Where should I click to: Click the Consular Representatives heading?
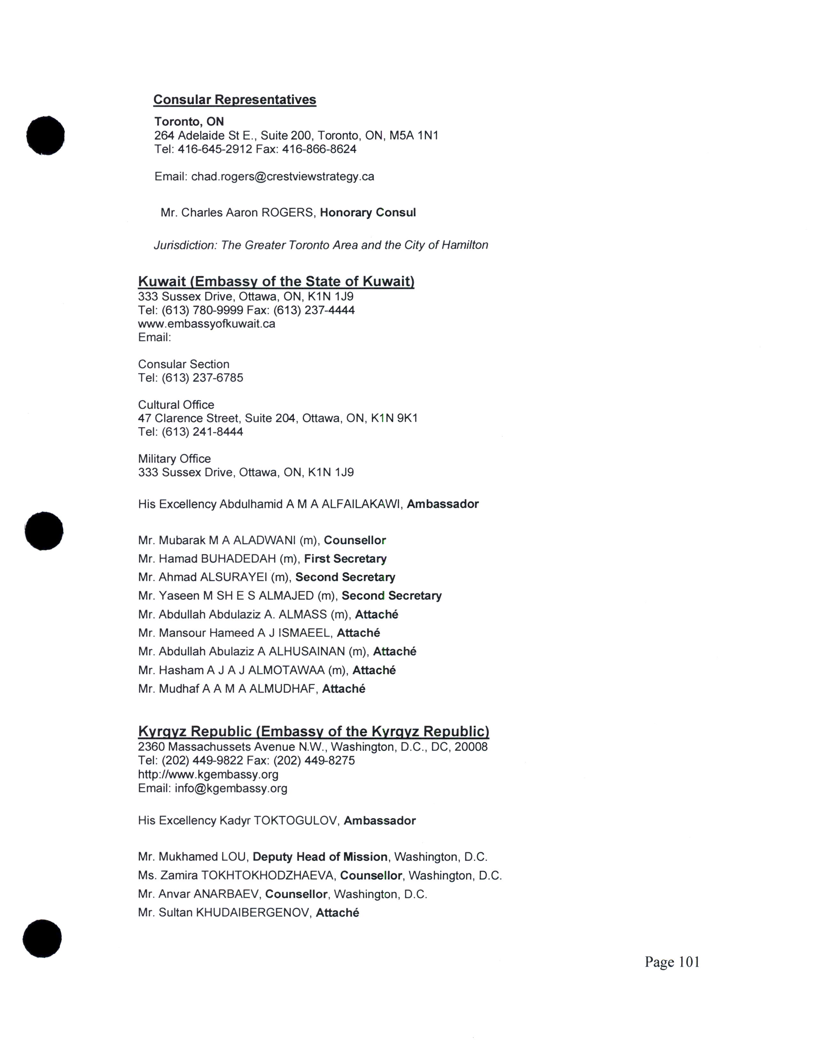tap(235, 100)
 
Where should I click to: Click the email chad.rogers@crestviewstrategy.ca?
tap(283, 177)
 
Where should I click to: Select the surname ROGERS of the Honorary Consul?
tap(289, 213)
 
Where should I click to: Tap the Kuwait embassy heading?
tap(276, 281)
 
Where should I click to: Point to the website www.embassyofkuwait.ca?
tap(207, 324)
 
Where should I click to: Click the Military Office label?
tap(174, 459)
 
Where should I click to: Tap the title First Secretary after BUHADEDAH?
tap(345, 559)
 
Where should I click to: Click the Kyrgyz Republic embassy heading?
tap(313, 732)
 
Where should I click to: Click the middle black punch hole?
tap(44, 531)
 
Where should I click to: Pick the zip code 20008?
tap(471, 747)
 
